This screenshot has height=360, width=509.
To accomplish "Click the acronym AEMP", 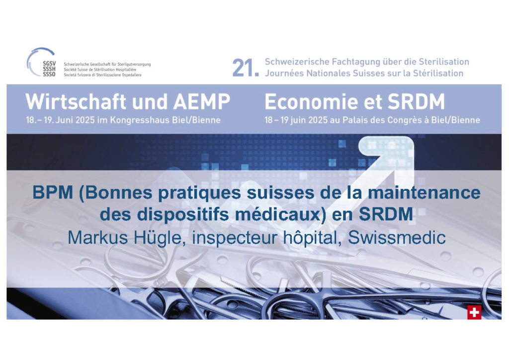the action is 202,101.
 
